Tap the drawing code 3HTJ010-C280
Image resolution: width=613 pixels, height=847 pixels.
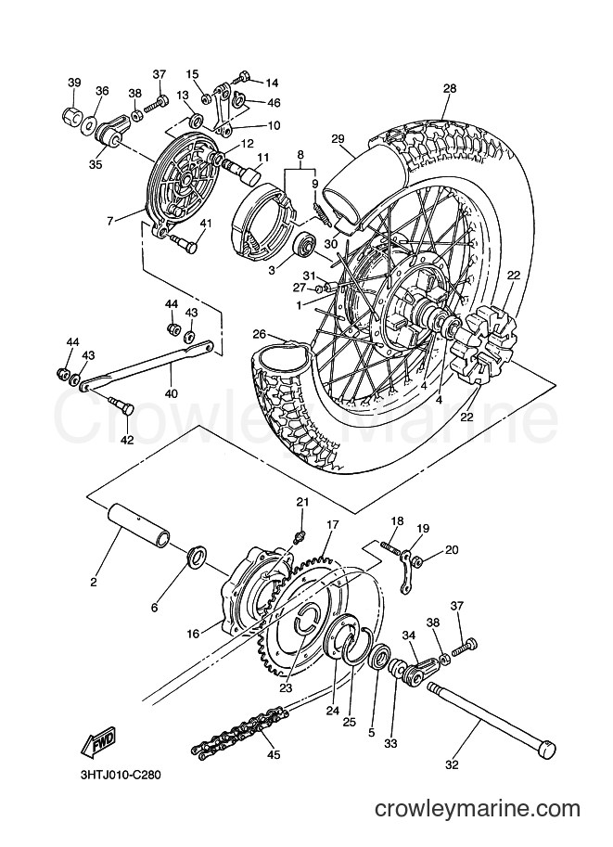(x=118, y=775)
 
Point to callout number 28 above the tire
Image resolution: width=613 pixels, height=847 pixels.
(x=450, y=88)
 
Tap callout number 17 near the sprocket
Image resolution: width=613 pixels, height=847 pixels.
(x=332, y=524)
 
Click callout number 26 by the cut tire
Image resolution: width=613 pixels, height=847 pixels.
(x=260, y=334)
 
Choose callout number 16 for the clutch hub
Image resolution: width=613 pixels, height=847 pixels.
(x=193, y=634)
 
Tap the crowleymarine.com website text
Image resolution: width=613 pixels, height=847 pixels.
(x=478, y=808)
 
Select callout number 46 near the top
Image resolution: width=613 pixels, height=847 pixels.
(x=274, y=103)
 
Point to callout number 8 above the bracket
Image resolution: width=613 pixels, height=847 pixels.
(x=300, y=154)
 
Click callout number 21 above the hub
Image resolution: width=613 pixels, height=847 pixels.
(x=302, y=502)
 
